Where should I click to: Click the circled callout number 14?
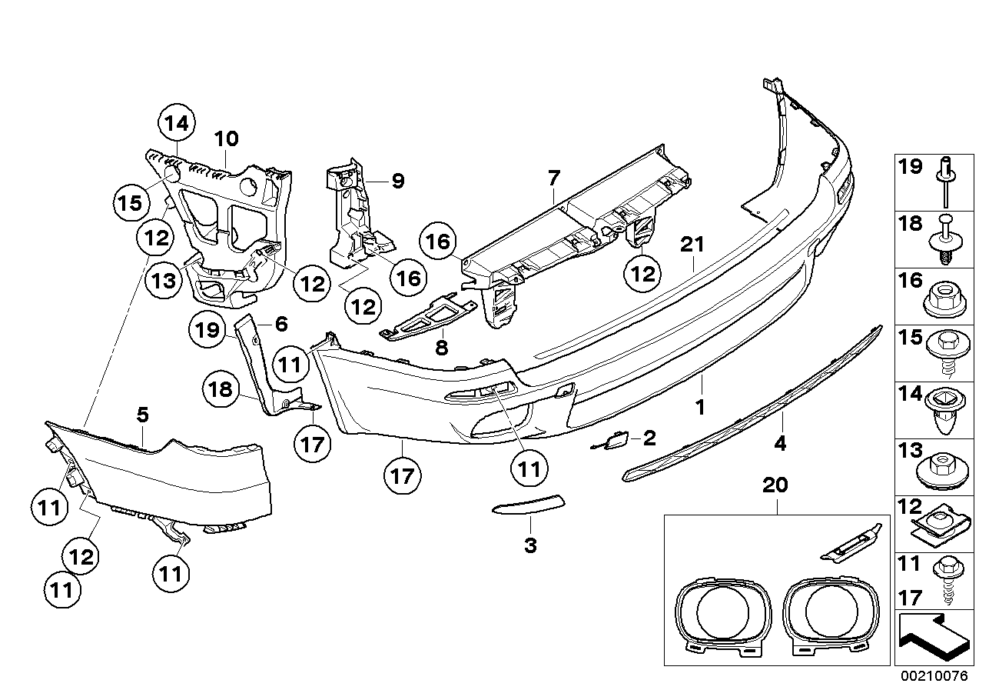(177, 122)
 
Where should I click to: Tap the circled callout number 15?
(131, 203)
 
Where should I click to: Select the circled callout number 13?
(164, 280)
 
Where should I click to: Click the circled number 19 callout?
(207, 329)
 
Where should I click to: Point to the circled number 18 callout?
(221, 389)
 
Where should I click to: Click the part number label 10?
(227, 138)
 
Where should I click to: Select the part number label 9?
(398, 181)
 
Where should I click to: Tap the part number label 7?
(553, 178)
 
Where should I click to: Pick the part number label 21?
(692, 245)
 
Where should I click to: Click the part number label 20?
(775, 485)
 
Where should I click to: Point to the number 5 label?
(143, 415)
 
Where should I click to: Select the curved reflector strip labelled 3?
(528, 505)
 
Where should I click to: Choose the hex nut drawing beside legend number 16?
(944, 301)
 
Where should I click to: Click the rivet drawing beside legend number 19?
(946, 182)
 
